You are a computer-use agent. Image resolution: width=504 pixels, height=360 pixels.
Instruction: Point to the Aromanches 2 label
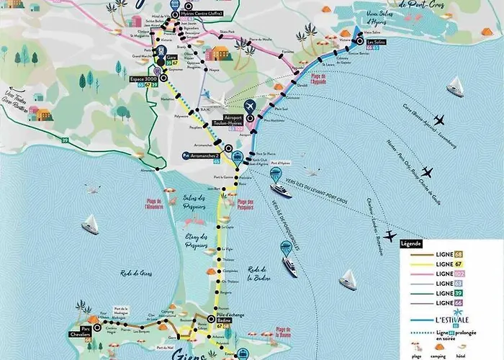202,154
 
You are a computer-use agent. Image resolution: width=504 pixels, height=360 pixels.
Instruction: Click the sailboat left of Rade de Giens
90,224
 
